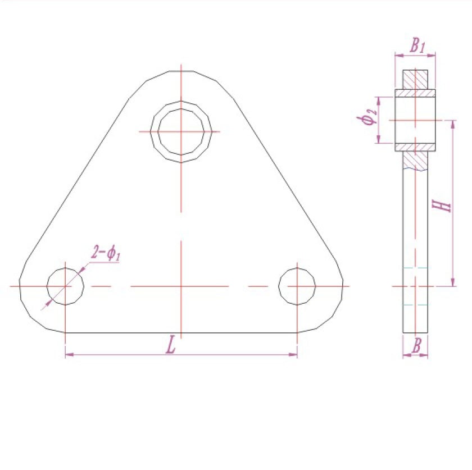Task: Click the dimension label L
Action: tap(171, 345)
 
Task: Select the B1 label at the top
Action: tap(417, 45)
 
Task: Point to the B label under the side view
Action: tap(416, 345)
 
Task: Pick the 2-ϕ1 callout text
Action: tap(106, 253)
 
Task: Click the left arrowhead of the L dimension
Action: tap(69, 354)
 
